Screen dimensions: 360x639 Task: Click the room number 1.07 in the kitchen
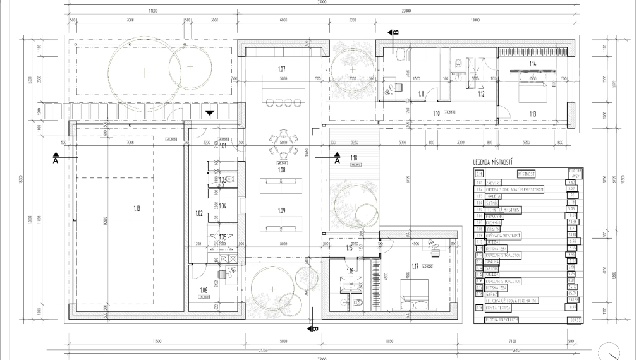coord(283,68)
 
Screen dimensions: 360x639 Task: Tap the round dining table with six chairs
coord(283,143)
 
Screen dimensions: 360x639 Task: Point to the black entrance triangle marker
coord(209,112)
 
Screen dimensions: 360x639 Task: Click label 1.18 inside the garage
coord(137,208)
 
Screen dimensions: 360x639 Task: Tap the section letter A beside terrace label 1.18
coord(337,162)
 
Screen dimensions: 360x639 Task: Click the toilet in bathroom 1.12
coord(458,63)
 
